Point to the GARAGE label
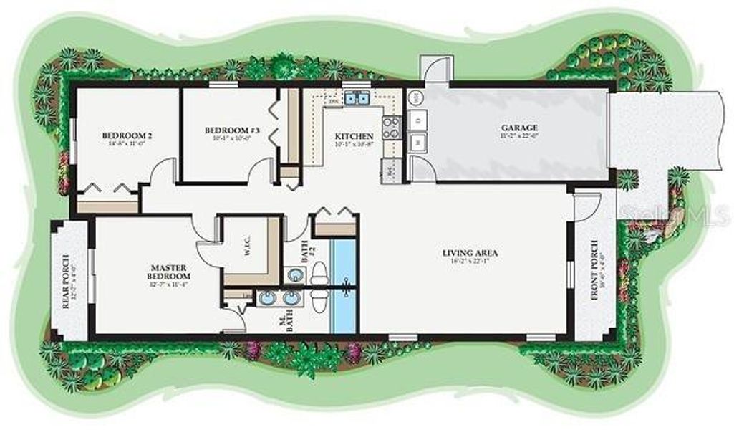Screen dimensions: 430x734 point(519,128)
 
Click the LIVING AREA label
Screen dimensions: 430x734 point(470,253)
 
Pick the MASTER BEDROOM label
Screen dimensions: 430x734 point(169,271)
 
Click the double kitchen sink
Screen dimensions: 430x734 point(358,99)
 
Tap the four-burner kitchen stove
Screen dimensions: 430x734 point(392,128)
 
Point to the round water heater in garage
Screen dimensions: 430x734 point(416,95)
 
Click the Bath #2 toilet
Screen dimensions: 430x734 point(320,272)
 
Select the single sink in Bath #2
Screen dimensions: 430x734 point(294,274)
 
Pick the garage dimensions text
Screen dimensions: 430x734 point(519,136)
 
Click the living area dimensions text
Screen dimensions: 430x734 point(470,261)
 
